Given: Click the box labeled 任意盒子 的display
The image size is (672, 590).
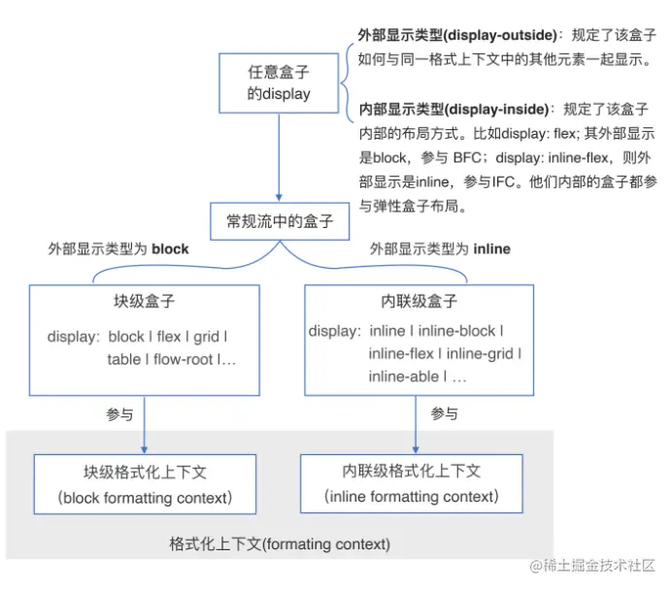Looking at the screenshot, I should point(279,83).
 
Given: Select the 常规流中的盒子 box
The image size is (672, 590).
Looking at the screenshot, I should point(280,220).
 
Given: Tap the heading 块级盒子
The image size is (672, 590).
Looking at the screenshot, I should point(144,301).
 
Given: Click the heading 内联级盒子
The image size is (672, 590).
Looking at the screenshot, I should point(420,301).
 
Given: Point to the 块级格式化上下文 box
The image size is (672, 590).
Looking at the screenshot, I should point(145,484).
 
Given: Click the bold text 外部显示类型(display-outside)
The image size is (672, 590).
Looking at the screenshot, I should point(458,35).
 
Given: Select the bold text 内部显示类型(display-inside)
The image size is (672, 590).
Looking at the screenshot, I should point(454,110).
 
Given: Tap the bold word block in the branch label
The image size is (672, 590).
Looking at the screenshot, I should point(170,249).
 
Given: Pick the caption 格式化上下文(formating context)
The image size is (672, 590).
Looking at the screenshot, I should point(280,543).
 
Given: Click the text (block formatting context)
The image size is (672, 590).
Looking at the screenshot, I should point(145,498).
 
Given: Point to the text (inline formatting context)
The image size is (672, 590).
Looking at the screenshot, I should point(412,497).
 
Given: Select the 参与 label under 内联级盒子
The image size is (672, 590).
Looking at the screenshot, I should point(444,414).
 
